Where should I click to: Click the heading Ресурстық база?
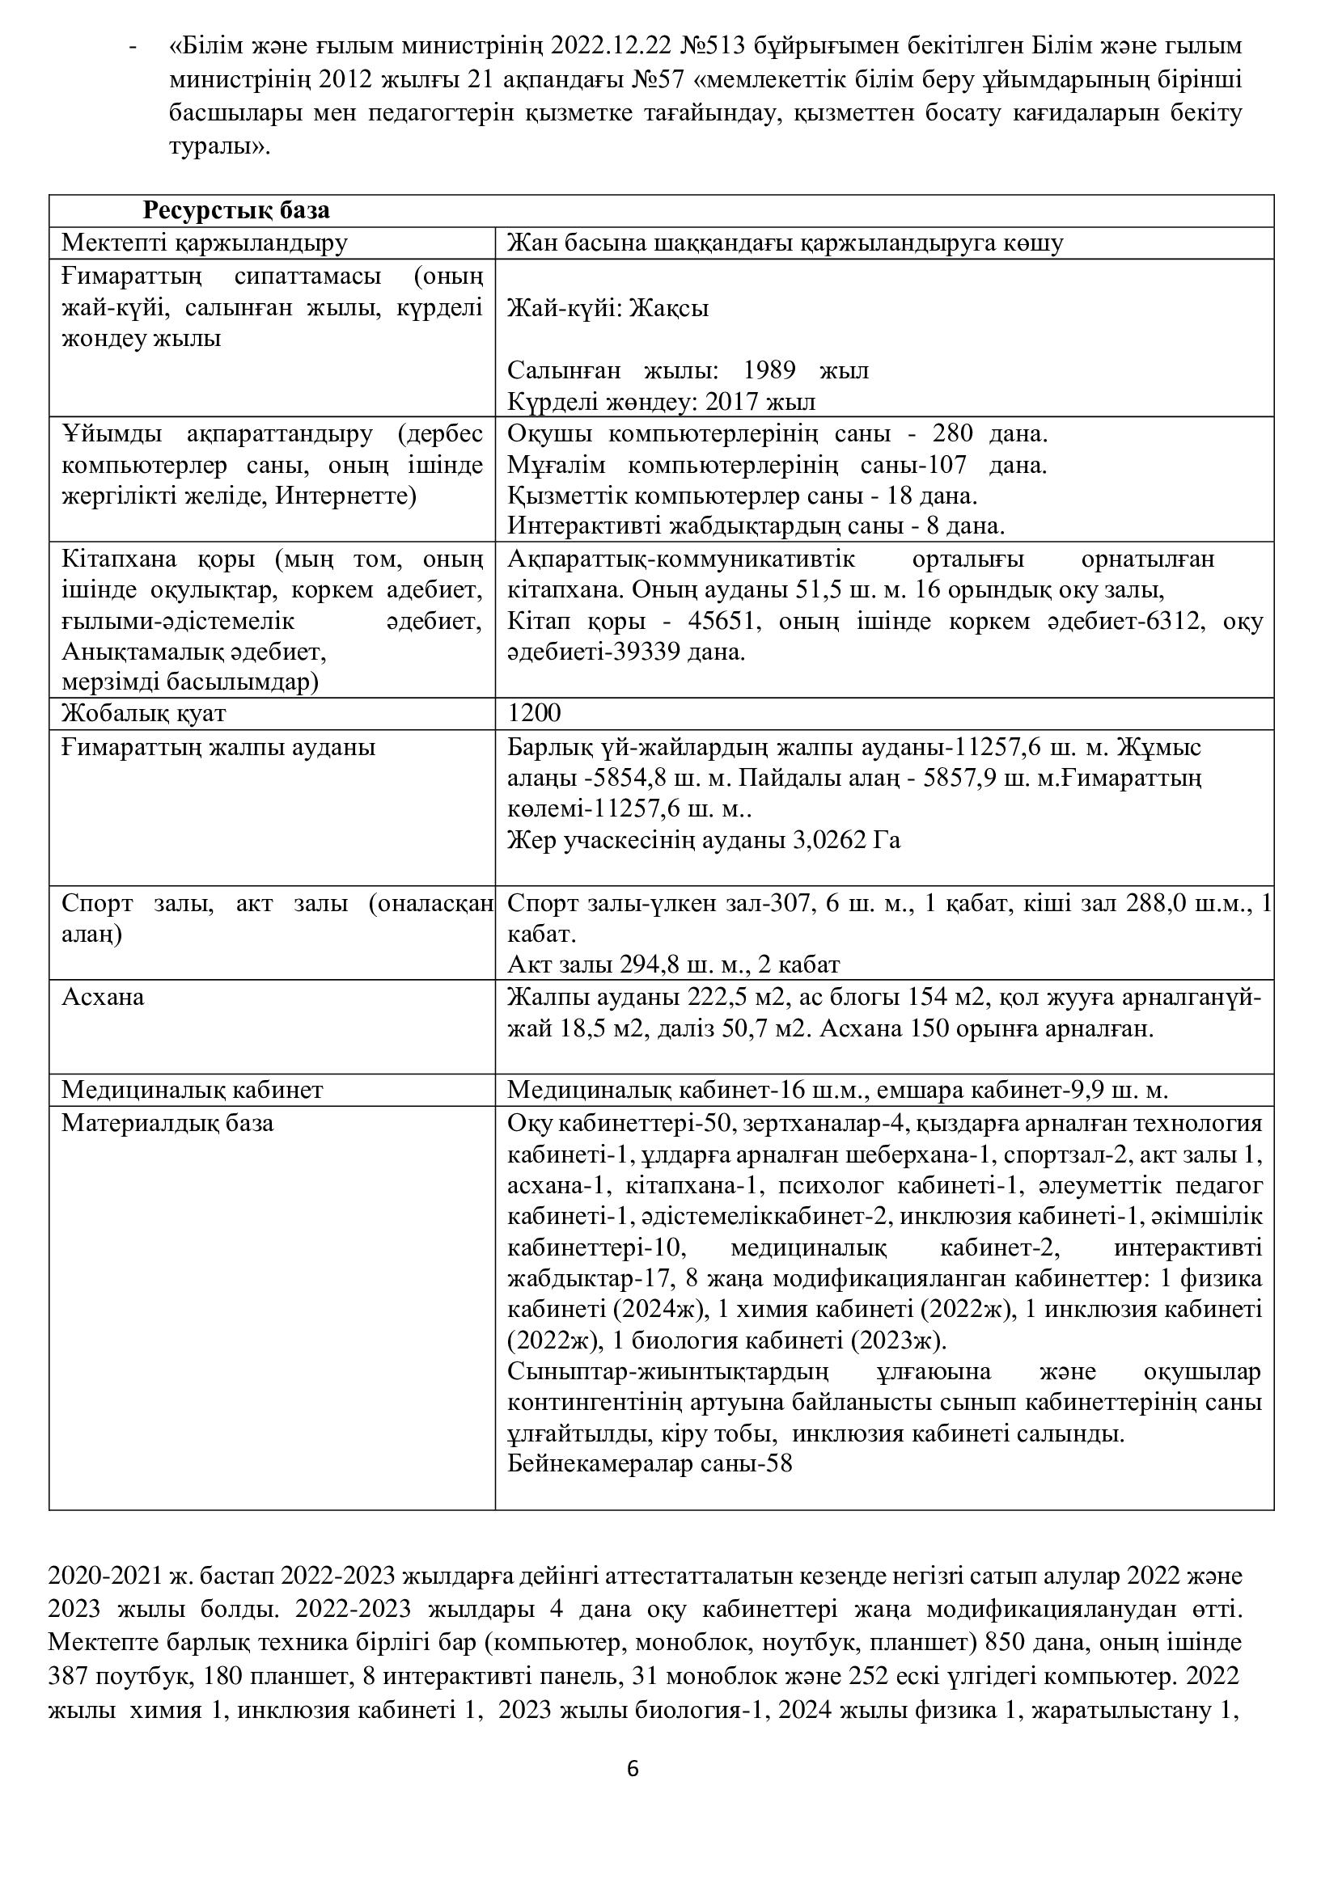(236, 211)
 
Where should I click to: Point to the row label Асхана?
(103, 998)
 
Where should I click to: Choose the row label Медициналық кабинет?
(192, 1091)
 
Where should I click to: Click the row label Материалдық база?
(167, 1124)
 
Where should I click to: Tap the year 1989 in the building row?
(769, 370)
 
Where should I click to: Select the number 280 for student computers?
(952, 433)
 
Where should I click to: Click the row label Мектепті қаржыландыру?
(205, 244)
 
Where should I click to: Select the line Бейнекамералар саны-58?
(650, 1464)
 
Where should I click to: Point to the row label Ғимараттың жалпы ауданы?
(218, 748)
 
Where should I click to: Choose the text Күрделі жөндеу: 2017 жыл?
(661, 402)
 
